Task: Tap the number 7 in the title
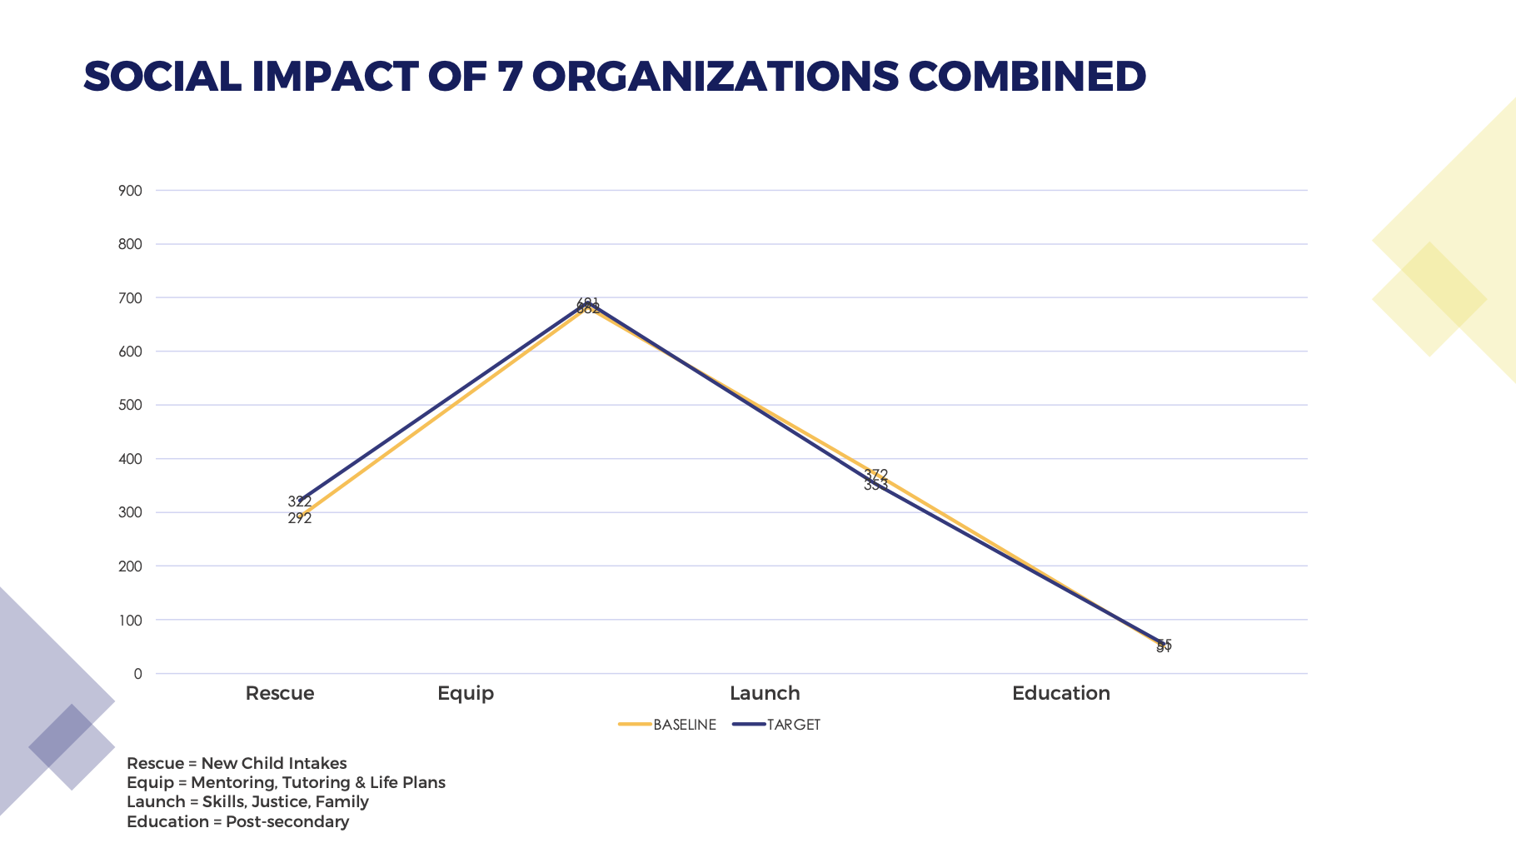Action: pos(507,77)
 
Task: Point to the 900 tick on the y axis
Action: pos(131,191)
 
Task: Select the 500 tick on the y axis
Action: pos(131,406)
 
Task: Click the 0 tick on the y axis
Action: pos(137,674)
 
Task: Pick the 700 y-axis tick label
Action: pos(131,298)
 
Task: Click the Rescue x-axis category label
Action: pos(280,693)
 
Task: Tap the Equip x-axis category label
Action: pos(466,693)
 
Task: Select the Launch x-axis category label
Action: pos(765,693)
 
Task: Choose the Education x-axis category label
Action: pos(1060,693)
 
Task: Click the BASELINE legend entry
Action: pos(684,725)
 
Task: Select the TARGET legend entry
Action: pos(793,725)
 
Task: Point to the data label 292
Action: pos(300,519)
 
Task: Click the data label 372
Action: pos(876,474)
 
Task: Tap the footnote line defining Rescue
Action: pos(237,763)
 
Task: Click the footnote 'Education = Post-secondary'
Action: pos(237,822)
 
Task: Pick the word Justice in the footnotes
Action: pos(279,802)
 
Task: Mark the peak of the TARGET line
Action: pos(588,304)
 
